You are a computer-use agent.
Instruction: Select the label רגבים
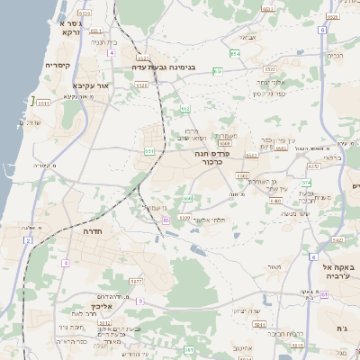point(335,55)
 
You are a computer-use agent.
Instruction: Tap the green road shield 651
point(149,151)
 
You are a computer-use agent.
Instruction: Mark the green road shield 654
point(234,54)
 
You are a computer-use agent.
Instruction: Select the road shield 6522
point(270,68)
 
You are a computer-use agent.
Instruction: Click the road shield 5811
point(259,323)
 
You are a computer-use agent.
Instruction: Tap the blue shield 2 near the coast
point(29,240)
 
